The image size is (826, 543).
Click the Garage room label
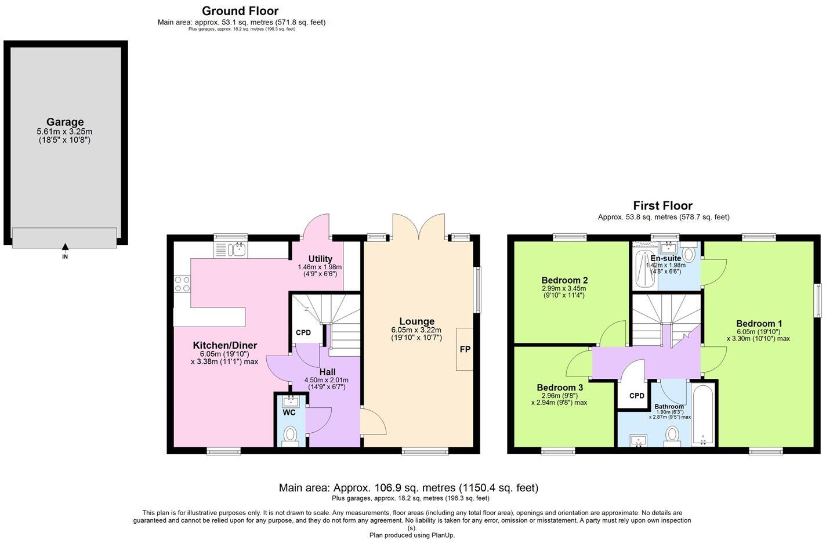click(x=65, y=122)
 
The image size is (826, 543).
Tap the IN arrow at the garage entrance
click(x=65, y=248)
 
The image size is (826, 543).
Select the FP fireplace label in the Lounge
click(x=465, y=349)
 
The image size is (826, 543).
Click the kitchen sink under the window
click(x=237, y=249)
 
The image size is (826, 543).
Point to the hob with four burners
click(x=182, y=284)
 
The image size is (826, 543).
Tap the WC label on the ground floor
click(x=289, y=412)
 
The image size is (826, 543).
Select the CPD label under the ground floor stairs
click(x=303, y=333)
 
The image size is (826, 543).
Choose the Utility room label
click(x=320, y=259)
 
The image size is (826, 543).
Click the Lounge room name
click(x=416, y=321)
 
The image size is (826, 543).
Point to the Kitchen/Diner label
click(x=224, y=345)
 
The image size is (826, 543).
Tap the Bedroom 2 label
click(x=564, y=280)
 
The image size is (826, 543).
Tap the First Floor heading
click(x=662, y=205)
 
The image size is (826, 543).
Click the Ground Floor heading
click(x=240, y=11)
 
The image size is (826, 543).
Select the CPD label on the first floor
click(x=637, y=396)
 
